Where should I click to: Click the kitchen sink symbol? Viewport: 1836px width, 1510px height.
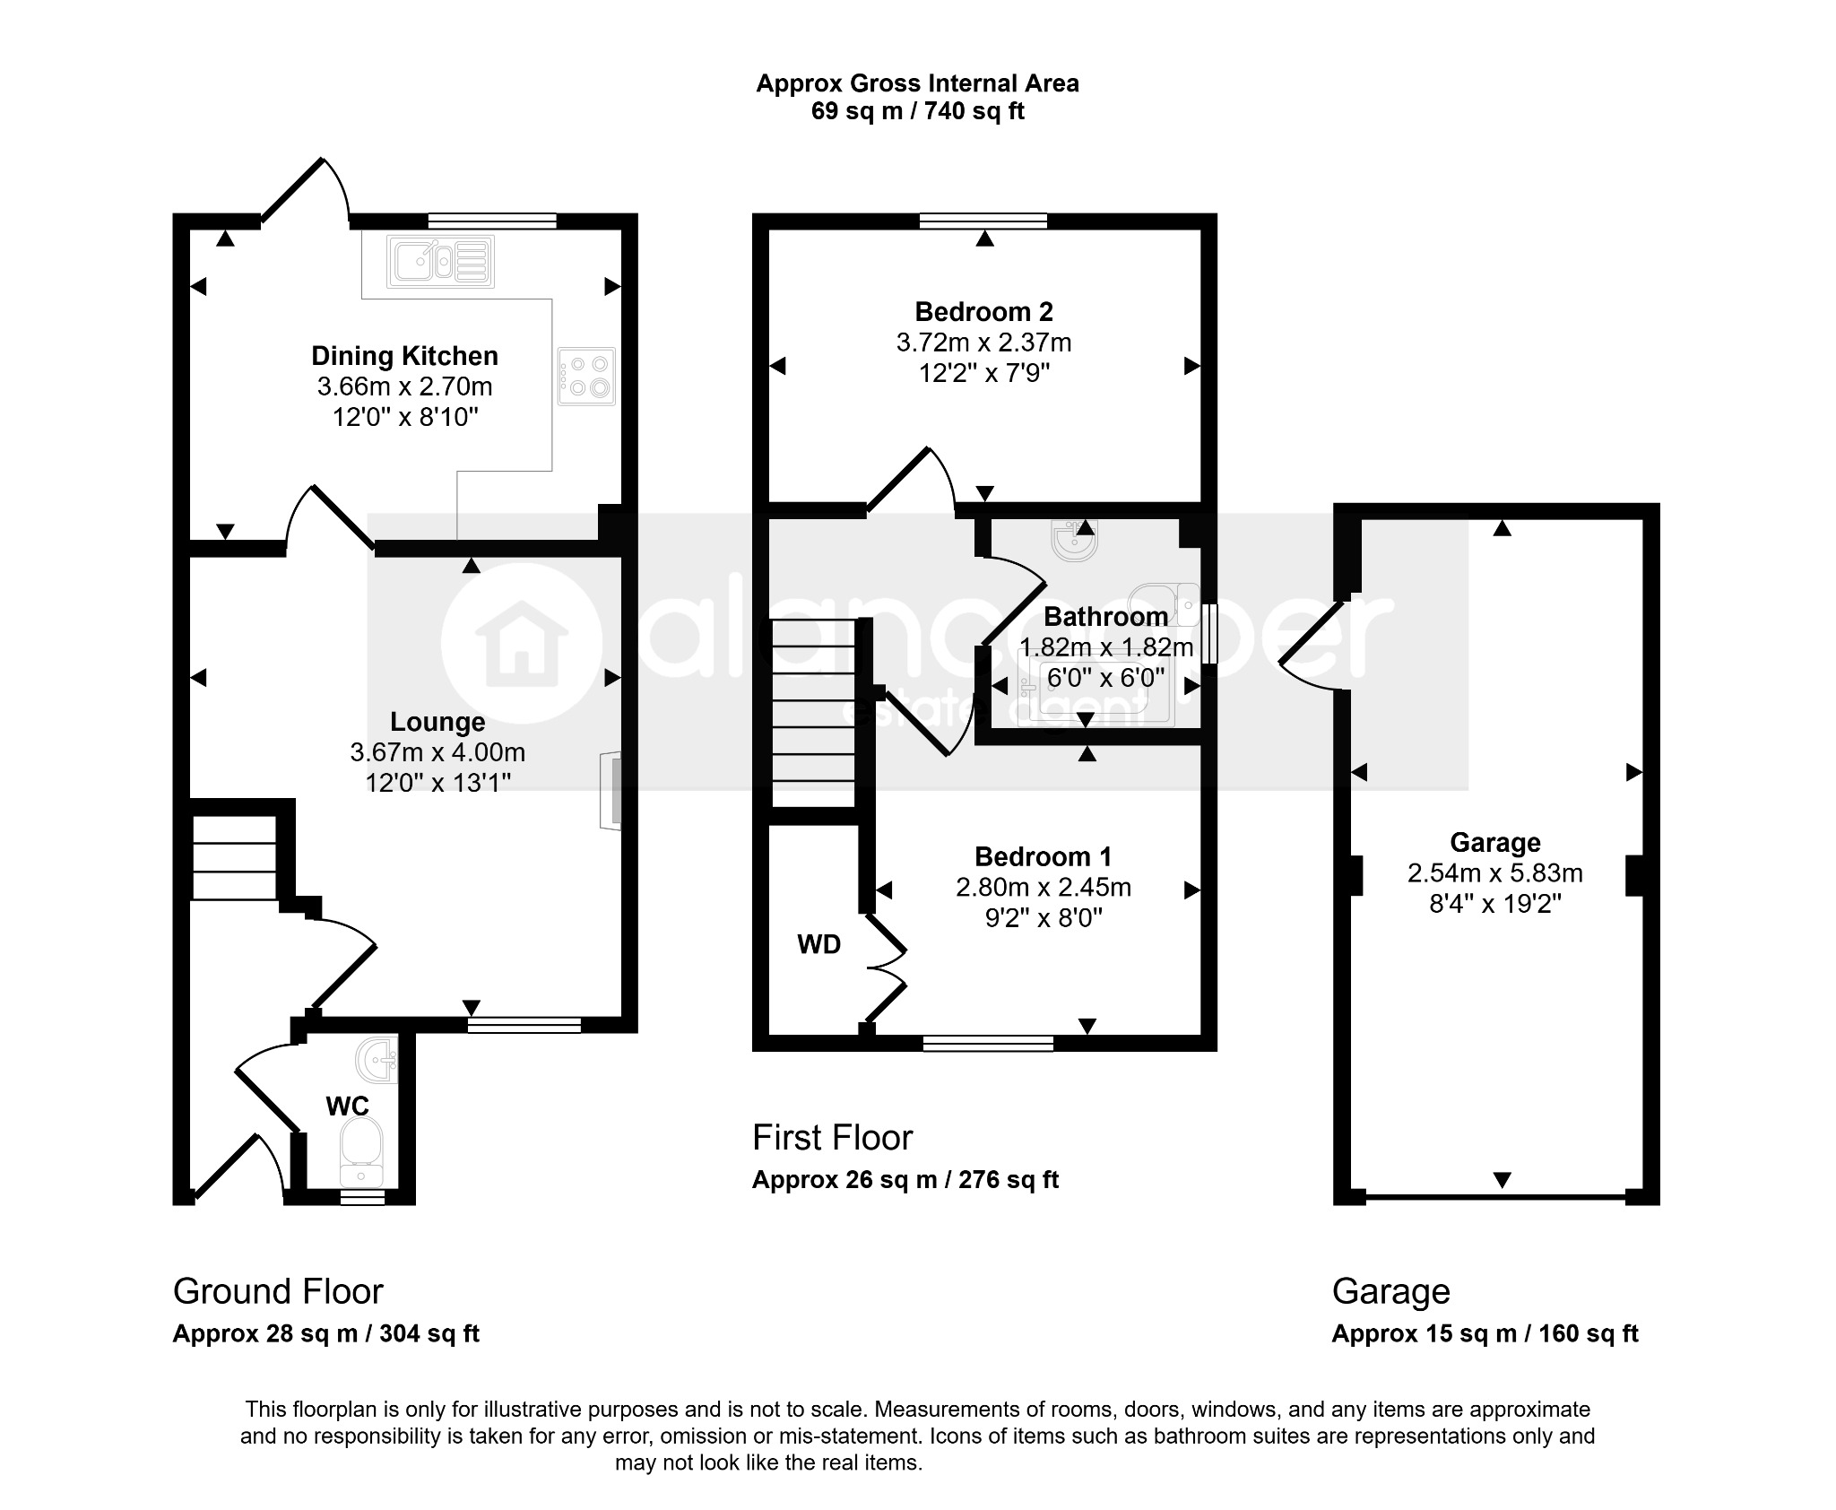[442, 261]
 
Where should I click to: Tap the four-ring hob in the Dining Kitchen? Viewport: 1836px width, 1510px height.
[586, 377]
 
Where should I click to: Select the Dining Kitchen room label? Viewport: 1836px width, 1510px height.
[404, 356]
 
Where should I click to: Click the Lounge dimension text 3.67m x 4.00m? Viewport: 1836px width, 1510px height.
[437, 752]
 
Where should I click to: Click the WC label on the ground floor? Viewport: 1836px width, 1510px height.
[348, 1106]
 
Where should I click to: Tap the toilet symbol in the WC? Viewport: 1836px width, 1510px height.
[361, 1152]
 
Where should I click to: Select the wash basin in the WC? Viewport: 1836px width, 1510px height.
[377, 1060]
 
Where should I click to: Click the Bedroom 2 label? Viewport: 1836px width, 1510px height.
[983, 312]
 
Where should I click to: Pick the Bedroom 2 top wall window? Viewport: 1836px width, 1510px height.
[983, 221]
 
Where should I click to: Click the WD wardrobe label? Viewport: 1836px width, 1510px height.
[819, 944]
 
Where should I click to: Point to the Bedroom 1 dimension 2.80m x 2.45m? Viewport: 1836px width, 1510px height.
[1044, 888]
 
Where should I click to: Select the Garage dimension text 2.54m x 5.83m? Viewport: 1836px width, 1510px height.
[1494, 872]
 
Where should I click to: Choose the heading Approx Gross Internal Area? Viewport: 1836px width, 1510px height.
[917, 83]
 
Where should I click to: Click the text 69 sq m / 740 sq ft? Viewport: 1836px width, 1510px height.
[917, 111]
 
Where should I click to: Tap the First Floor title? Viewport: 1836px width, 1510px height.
[832, 1138]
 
